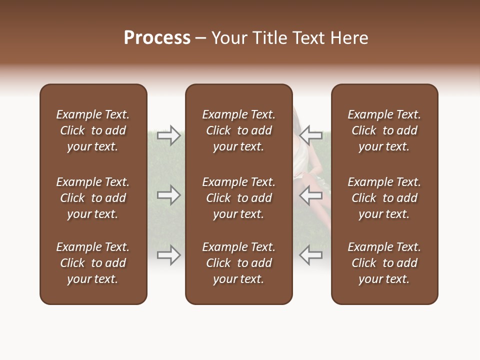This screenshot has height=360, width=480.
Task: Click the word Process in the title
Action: click(x=157, y=38)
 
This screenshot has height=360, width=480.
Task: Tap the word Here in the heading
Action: click(x=349, y=38)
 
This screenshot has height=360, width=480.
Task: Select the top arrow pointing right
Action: click(x=169, y=134)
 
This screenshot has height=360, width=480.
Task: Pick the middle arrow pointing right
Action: click(x=169, y=195)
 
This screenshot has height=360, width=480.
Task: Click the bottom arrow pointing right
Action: click(x=169, y=255)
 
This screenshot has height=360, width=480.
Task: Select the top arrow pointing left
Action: click(x=310, y=134)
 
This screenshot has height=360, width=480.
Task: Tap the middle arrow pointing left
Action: click(x=310, y=195)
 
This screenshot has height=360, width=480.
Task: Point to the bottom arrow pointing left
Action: click(x=310, y=255)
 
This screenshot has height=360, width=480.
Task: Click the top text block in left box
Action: click(x=93, y=130)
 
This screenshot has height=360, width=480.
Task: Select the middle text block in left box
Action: click(x=93, y=198)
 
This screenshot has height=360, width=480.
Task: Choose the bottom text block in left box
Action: click(x=93, y=263)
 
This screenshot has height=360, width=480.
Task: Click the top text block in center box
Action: click(x=238, y=130)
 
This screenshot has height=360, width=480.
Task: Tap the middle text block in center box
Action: click(x=238, y=198)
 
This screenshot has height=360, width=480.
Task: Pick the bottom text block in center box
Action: click(x=238, y=263)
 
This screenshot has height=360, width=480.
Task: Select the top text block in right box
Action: click(x=384, y=130)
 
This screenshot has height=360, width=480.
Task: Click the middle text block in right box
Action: click(x=384, y=198)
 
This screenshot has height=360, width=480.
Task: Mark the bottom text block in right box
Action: click(x=384, y=263)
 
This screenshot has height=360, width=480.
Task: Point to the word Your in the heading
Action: click(x=229, y=38)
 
